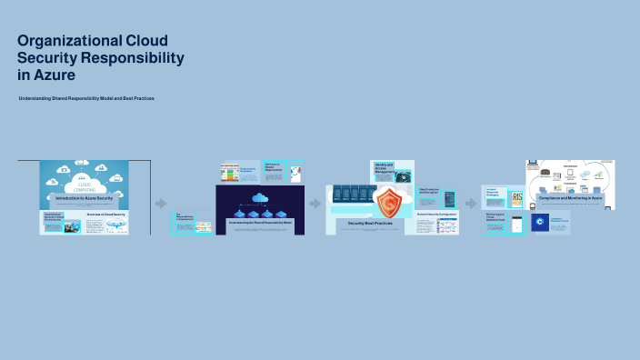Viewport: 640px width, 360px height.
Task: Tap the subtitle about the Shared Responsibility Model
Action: tap(86, 97)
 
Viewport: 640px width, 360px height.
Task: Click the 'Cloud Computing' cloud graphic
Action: tap(84, 177)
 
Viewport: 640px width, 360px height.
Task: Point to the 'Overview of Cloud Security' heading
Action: tap(105, 215)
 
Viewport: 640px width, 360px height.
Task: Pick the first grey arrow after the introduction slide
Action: tap(161, 204)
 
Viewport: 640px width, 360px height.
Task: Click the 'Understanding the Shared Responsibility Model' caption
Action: tap(258, 222)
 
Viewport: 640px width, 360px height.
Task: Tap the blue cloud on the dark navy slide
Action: tap(259, 197)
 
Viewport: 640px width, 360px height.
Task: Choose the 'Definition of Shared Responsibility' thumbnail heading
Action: tap(274, 167)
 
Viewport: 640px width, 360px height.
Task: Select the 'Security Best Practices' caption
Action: tap(369, 223)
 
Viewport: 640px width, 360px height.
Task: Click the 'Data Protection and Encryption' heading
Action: tap(429, 192)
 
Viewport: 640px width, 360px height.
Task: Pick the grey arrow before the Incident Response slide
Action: tap(471, 203)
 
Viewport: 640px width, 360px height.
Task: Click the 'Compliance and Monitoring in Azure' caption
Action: tap(571, 197)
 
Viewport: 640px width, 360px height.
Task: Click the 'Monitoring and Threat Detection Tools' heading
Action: tap(495, 219)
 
